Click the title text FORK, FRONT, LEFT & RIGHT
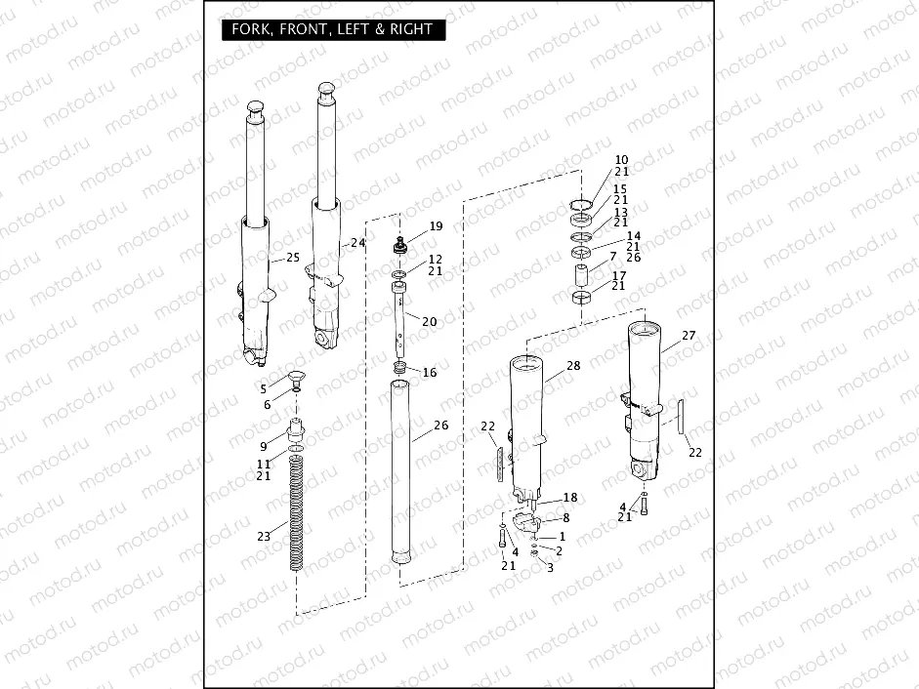(x=332, y=29)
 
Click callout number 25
(x=292, y=259)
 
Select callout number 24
(x=357, y=242)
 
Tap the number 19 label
(x=436, y=226)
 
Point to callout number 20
(x=430, y=321)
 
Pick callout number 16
(x=430, y=373)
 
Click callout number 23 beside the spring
(x=263, y=536)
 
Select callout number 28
(x=573, y=366)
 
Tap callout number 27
(x=689, y=335)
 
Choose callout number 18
(x=570, y=498)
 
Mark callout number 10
(x=621, y=159)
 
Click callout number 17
(x=618, y=275)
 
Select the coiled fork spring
(x=297, y=517)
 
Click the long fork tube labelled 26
(x=399, y=468)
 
